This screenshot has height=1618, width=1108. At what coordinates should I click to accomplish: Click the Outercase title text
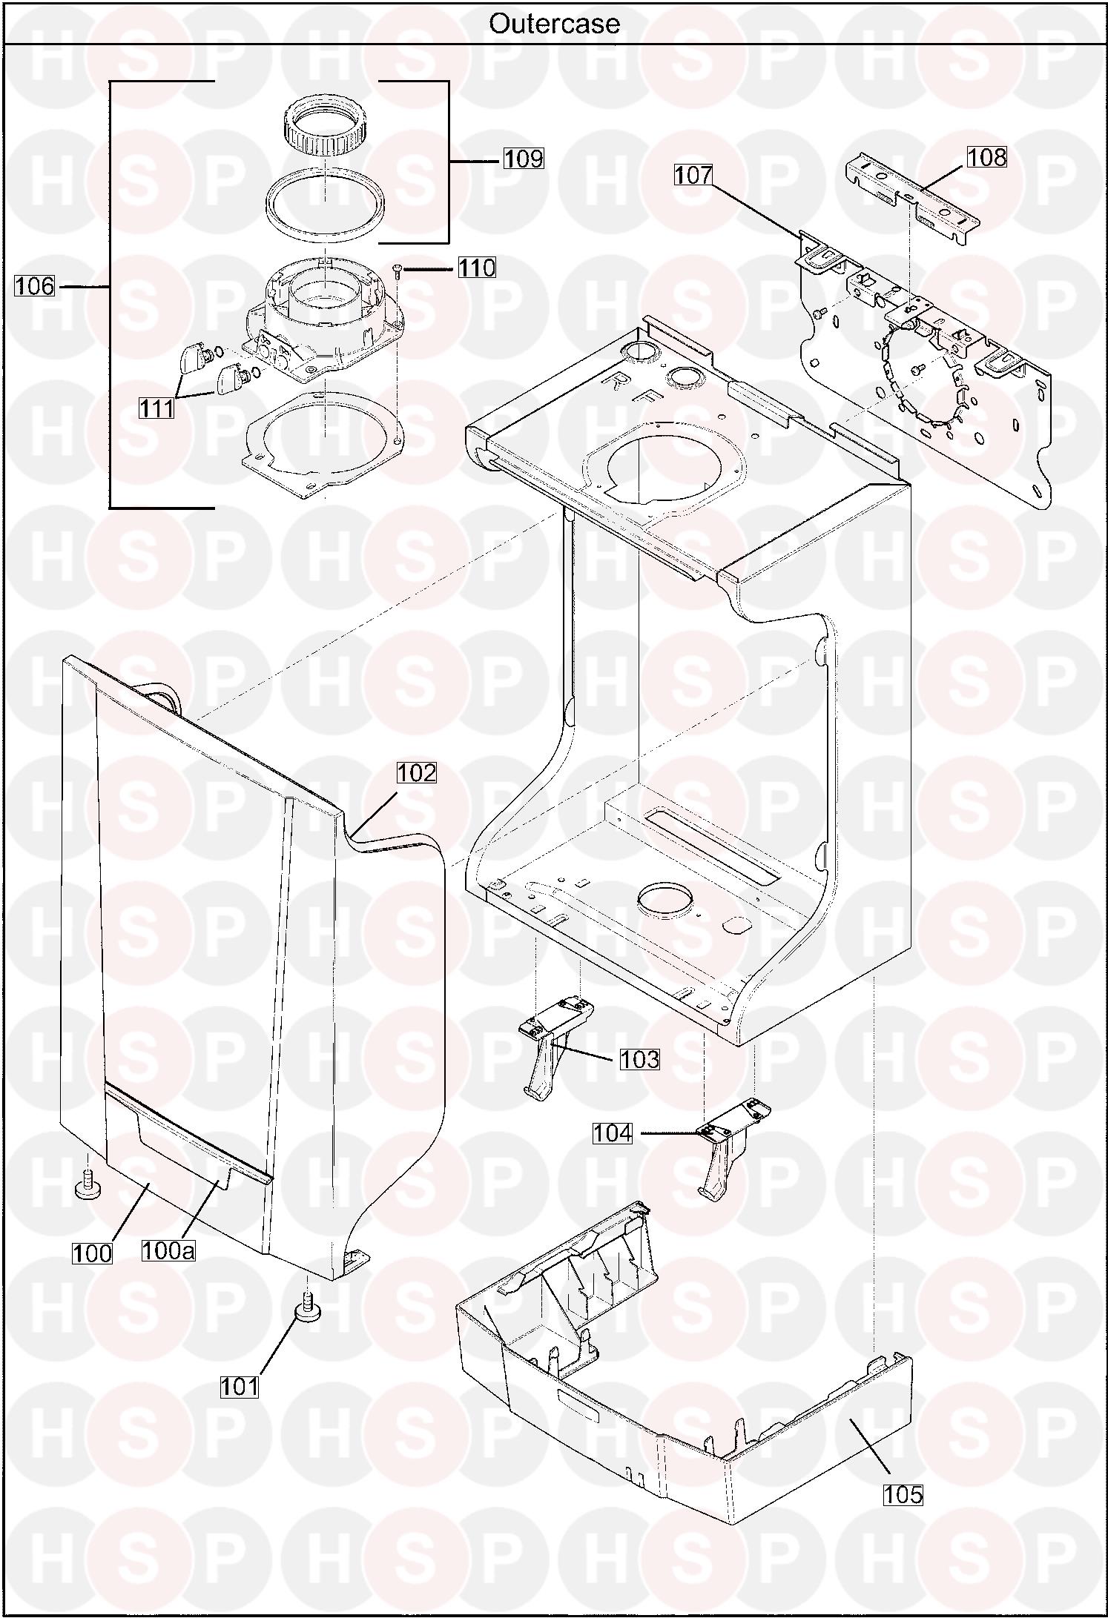554,24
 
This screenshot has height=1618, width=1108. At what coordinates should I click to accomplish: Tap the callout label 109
524,158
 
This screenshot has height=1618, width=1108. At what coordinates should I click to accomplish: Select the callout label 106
35,285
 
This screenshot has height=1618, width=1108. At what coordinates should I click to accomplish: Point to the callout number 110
476,267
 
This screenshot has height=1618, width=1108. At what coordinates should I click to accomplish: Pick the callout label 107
693,175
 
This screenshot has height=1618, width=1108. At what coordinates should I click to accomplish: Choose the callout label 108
987,156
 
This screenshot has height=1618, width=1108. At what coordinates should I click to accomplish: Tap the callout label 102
416,772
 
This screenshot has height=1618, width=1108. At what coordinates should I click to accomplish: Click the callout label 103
639,1059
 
